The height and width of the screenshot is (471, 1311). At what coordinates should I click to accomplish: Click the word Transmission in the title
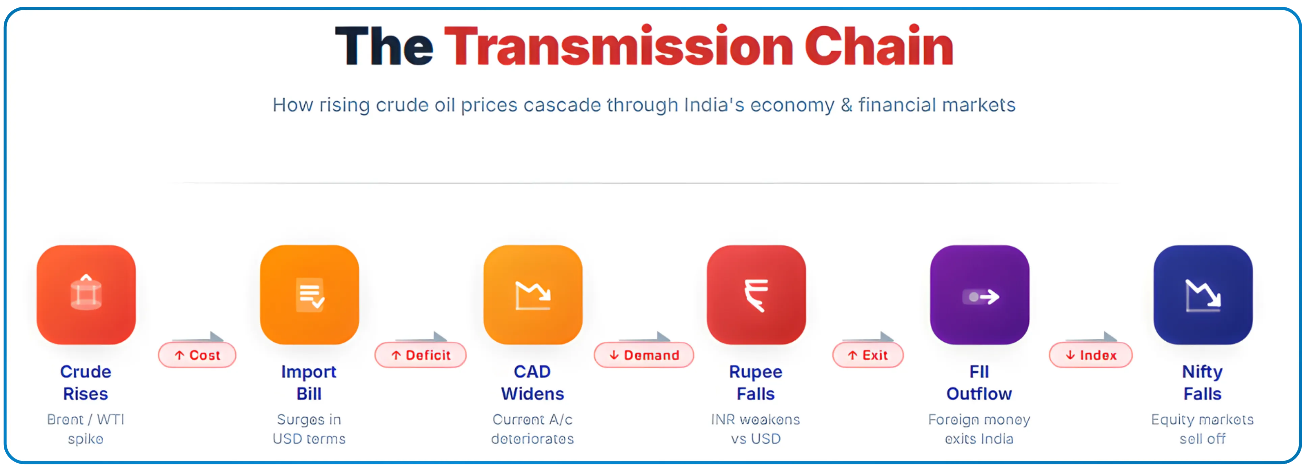click(618, 47)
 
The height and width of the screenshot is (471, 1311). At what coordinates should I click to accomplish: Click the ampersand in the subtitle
click(846, 105)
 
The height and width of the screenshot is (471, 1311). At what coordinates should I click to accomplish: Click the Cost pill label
click(198, 355)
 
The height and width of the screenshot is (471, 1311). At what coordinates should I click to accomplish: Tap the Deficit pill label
click(420, 355)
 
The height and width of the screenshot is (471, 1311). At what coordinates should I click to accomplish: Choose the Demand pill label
click(644, 355)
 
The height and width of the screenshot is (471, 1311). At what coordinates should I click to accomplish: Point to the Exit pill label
click(868, 355)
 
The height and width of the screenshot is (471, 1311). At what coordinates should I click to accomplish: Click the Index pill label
click(1090, 355)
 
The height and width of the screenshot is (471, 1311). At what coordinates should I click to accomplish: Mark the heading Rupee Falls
click(756, 383)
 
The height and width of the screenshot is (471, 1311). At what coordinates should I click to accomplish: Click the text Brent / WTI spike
click(85, 429)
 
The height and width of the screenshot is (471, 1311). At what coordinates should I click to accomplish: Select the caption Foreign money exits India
click(979, 429)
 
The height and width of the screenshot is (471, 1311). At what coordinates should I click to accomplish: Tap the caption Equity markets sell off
click(1202, 429)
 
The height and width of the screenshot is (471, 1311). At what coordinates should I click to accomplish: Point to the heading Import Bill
click(309, 383)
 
